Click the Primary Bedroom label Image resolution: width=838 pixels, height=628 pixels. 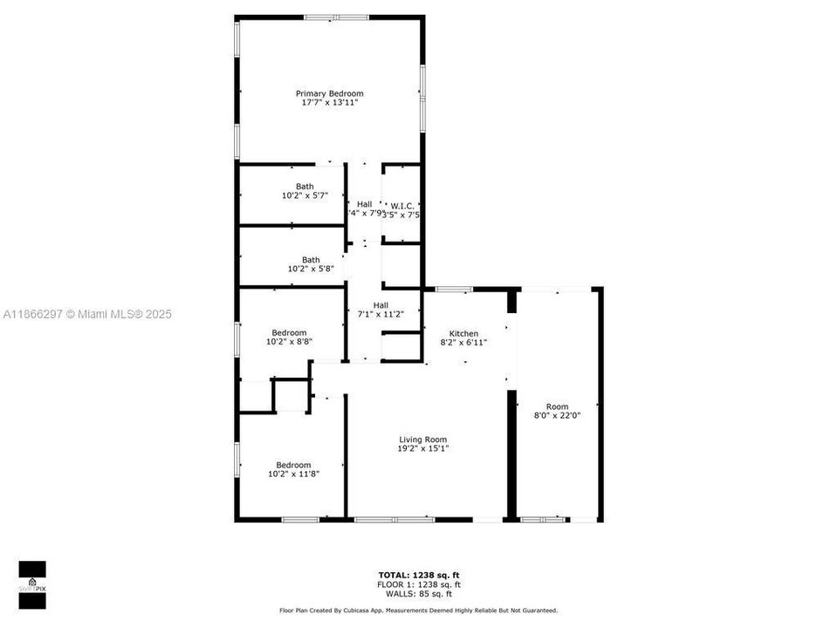329,93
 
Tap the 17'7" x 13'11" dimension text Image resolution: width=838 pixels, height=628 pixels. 329,103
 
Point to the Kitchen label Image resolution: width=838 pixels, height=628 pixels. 464,334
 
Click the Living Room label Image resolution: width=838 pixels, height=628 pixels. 423,440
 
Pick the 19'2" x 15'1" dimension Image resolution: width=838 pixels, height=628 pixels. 423,449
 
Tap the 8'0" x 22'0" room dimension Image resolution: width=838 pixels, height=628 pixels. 557,416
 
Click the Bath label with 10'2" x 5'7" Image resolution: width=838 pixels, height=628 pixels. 305,186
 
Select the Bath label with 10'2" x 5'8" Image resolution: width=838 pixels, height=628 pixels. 311,259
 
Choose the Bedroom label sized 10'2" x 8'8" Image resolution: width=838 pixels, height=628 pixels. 289,332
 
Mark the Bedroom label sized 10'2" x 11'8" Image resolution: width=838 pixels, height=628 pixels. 293,465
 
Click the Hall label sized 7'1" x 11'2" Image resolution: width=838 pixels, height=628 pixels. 381,304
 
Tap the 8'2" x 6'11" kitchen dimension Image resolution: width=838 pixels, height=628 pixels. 464,343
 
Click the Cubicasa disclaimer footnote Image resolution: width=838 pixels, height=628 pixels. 418,611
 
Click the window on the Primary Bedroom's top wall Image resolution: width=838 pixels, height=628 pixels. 336,17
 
